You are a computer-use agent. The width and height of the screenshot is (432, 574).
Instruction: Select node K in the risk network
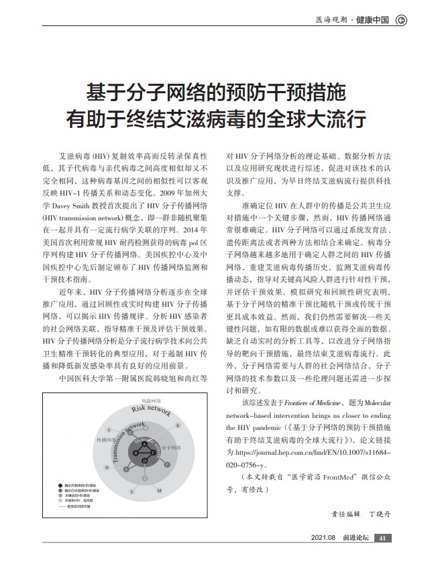[x=178, y=425]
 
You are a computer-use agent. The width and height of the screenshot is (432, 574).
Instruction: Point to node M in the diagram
[x=158, y=491]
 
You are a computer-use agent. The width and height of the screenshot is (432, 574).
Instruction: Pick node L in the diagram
[x=133, y=491]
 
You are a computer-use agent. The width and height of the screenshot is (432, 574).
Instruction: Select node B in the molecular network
[x=136, y=453]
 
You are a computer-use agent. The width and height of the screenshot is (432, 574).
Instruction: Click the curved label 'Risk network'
[x=151, y=409]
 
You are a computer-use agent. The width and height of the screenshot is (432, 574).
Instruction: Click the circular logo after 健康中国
[x=401, y=19]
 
